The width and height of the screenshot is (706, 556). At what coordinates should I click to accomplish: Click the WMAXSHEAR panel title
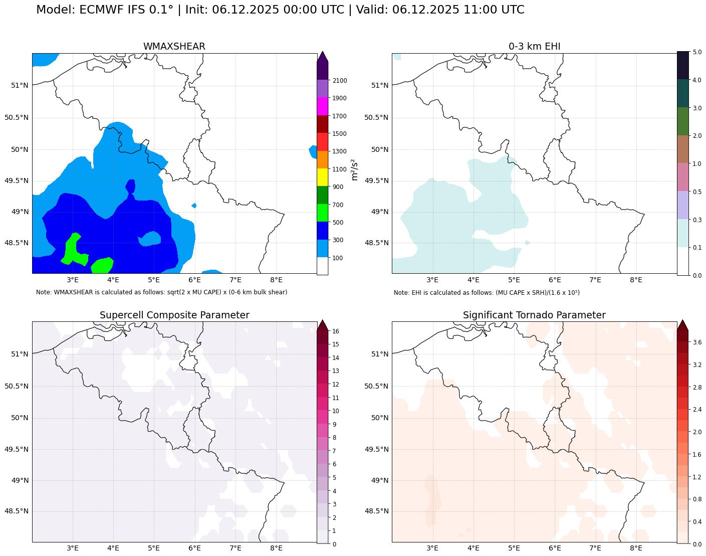[x=174, y=47]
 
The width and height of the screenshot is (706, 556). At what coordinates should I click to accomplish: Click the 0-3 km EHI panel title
[x=534, y=47]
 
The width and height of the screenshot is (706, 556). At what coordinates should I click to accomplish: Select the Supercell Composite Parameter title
[x=174, y=315]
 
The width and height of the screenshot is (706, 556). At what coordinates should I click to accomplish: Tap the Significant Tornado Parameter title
[x=534, y=315]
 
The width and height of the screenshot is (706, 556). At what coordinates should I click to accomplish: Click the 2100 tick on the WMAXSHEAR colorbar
[x=340, y=81]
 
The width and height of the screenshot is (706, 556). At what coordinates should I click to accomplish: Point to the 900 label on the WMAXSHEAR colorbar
[x=338, y=187]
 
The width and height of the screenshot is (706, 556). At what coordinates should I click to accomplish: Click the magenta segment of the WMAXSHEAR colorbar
[x=323, y=106]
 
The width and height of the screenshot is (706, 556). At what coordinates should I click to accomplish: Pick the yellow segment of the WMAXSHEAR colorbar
[x=323, y=177]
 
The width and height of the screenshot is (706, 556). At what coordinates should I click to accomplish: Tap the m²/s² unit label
[x=354, y=169]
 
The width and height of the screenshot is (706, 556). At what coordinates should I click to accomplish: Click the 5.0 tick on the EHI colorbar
[x=697, y=52]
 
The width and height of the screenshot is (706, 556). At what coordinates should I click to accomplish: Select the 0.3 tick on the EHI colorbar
[x=697, y=220]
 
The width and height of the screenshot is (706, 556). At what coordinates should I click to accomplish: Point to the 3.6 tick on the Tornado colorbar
[x=697, y=342]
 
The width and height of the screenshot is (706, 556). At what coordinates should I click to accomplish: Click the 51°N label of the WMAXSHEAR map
[x=20, y=85]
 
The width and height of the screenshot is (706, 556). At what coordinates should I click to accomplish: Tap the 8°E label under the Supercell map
[x=276, y=548]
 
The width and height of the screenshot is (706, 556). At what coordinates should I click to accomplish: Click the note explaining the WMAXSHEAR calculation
[x=161, y=292]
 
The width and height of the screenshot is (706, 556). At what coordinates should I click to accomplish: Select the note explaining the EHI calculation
[x=487, y=293]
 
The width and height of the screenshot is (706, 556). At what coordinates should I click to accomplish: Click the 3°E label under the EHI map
[x=432, y=280]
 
